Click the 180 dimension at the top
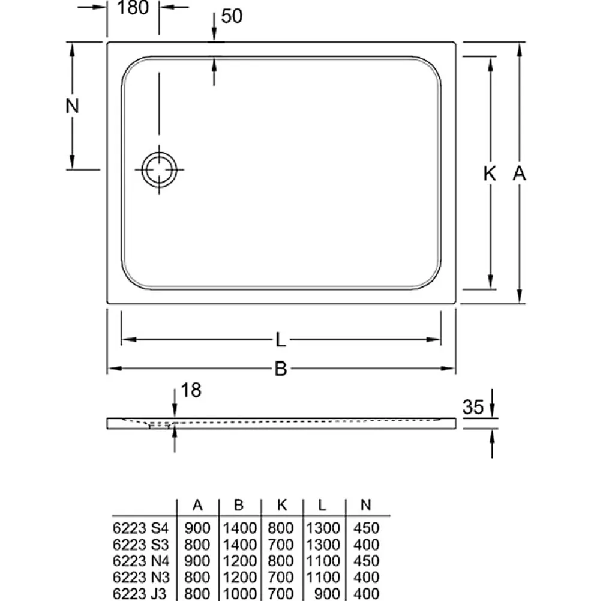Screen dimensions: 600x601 [133, 8]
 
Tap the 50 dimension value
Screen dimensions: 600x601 [232, 16]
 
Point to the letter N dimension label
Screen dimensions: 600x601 [72, 106]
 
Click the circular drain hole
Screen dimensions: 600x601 [160, 169]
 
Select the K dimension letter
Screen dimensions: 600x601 [489, 174]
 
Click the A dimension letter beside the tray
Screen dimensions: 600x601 [519, 174]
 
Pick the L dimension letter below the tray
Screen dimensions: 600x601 [281, 340]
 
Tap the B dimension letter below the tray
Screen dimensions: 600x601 [281, 369]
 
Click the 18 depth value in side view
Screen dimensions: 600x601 [191, 390]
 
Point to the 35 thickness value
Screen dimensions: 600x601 [473, 407]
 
